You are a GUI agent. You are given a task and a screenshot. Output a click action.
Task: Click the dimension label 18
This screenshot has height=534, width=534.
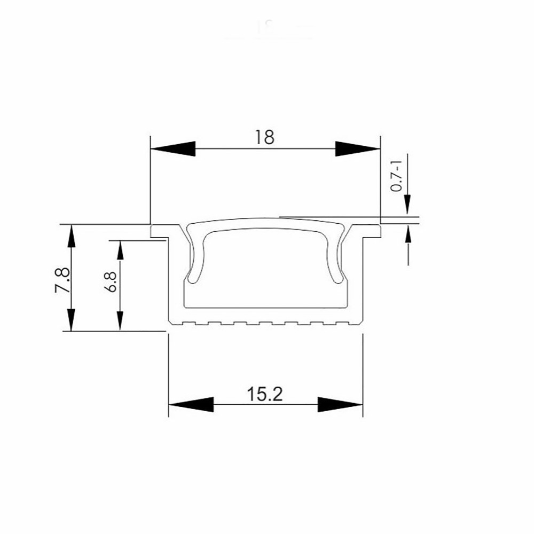coord(264,137)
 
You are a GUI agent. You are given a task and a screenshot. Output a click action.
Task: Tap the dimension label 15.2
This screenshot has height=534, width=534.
coord(265,394)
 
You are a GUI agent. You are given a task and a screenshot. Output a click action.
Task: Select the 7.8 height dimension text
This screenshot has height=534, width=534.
coord(62,280)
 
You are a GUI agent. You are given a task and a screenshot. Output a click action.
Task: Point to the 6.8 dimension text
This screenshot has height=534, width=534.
coord(111,282)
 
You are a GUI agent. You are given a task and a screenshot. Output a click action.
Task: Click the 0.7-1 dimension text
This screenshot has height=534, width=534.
coord(396,176)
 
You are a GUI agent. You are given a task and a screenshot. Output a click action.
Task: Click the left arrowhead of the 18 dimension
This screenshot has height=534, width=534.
coord(173,149)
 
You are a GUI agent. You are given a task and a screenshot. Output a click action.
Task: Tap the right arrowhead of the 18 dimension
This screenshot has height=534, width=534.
coord(358,149)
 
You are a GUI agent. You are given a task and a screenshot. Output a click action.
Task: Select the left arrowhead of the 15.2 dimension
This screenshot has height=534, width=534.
coord(191,405)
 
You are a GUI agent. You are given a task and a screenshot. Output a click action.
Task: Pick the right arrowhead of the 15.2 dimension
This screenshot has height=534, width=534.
coord(340,405)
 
